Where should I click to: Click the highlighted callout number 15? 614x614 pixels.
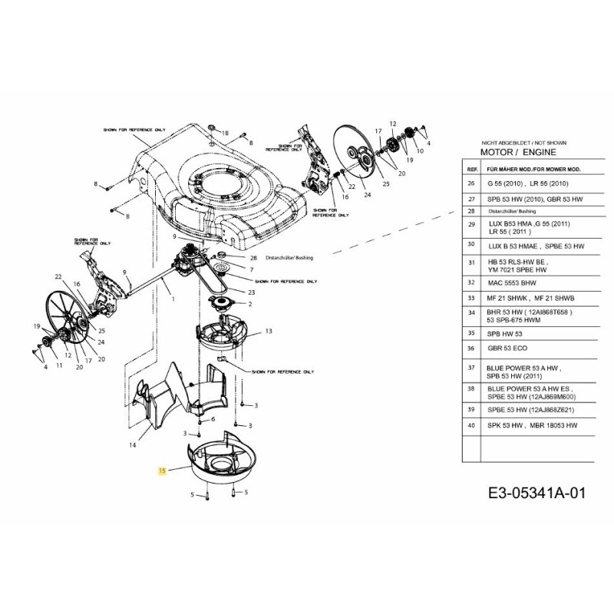[161, 470]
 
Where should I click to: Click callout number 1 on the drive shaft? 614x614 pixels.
[173, 299]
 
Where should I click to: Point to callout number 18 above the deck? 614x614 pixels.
[226, 134]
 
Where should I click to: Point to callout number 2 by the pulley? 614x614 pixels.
[249, 304]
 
